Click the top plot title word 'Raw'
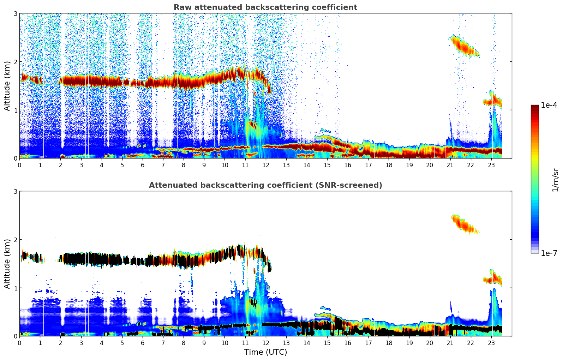181,7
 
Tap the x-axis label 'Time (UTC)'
265,352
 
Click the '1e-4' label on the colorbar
549,105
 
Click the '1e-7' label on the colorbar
549,253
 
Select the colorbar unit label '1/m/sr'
555,180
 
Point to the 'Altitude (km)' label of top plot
7,86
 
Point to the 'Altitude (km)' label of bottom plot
7,264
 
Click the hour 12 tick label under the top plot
265,165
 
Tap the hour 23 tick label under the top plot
491,165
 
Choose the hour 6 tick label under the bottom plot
143,343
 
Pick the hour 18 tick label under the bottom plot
389,343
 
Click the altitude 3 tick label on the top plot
16,13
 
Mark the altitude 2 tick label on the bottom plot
16,240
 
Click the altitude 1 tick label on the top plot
16,110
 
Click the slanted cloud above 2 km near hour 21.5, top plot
463,46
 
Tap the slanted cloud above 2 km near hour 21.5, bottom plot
463,224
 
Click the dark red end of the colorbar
535,108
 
